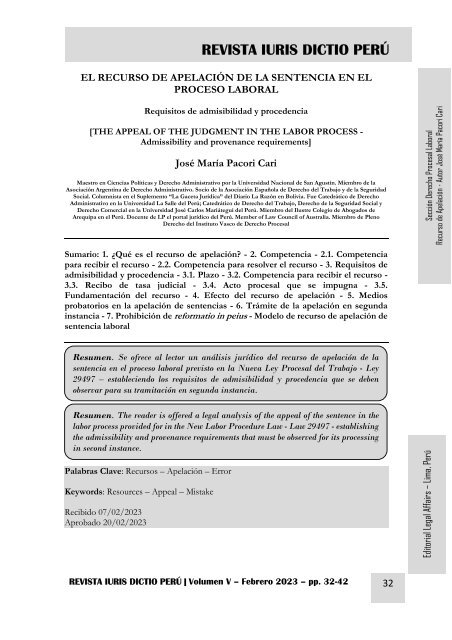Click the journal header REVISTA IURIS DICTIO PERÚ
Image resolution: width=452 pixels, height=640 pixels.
click(295, 51)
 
